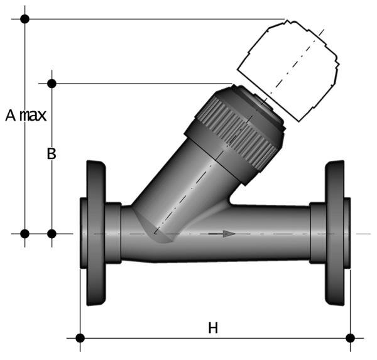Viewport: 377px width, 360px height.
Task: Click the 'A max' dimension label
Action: (26, 116)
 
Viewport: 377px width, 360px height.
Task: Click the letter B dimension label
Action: (52, 154)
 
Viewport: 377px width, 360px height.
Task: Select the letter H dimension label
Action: (214, 327)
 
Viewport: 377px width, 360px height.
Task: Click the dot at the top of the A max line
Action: (25, 19)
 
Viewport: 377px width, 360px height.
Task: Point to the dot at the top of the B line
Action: (52, 83)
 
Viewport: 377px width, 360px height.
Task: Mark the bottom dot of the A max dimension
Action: (25, 234)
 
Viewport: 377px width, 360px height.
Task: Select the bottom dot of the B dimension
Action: (52, 234)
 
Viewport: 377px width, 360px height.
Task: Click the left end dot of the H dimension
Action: (80, 338)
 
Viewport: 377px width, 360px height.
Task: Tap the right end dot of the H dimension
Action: (351, 338)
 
